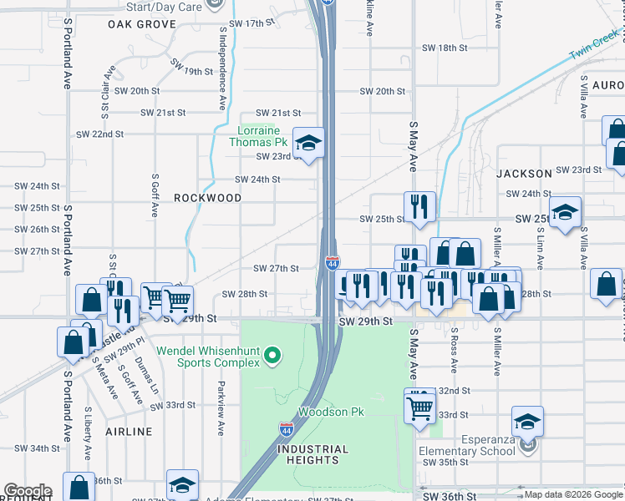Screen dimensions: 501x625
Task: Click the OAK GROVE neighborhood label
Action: click(142, 24)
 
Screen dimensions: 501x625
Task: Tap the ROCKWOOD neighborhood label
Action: click(207, 198)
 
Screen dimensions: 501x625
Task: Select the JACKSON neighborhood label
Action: click(524, 174)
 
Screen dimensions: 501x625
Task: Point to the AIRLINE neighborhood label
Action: click(130, 432)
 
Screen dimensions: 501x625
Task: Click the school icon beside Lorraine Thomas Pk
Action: click(308, 143)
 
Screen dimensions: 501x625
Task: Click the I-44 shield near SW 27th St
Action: click(333, 262)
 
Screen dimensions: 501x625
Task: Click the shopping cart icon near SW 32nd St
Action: click(419, 407)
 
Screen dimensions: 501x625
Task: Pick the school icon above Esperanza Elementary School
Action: click(527, 422)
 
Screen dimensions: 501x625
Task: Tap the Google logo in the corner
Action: click(27, 491)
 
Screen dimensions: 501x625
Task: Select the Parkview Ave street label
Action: click(221, 409)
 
